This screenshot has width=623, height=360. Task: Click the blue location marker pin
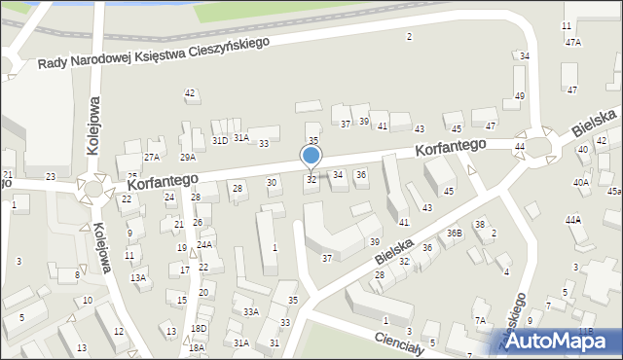pos(311,157)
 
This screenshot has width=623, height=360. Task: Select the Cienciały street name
pos(400,343)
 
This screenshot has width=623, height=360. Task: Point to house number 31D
pos(220,140)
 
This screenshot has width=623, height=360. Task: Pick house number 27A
pos(152,157)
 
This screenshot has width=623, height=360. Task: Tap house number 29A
pos(188,157)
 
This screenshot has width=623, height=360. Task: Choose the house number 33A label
pos(251,311)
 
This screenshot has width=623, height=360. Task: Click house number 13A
pos(139,277)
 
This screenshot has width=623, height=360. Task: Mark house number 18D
pos(199,329)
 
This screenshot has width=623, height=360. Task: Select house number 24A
pos(204,245)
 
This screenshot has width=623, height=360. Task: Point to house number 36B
pos(454,233)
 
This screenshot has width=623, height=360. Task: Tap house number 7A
pos(480,320)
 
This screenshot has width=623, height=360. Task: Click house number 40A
pos(580,182)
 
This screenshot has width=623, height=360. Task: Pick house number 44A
pos(573,220)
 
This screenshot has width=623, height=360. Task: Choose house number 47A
pos(573,42)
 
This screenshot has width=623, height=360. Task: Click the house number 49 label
pos(520,95)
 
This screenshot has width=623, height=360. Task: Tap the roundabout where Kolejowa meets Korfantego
pos(93,186)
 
